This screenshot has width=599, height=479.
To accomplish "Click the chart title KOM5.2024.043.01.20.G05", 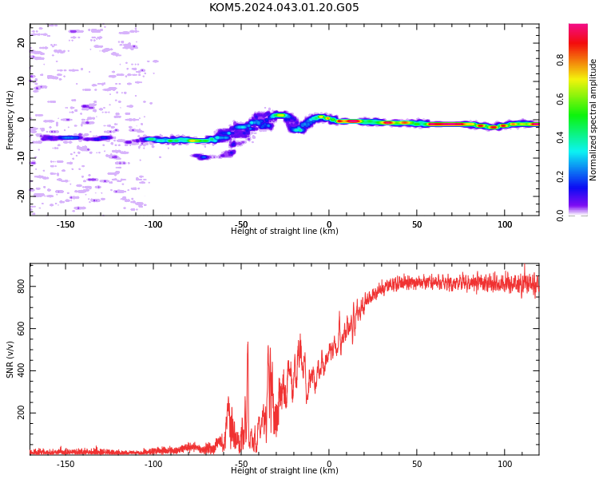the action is click(284, 7).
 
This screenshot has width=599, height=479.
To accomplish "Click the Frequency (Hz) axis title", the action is click(10, 120).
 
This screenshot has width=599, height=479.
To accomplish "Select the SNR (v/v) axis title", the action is click(10, 359).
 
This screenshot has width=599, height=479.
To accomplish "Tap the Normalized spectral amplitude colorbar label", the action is click(593, 120).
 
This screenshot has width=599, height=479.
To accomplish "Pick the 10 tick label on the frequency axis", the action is click(21, 81).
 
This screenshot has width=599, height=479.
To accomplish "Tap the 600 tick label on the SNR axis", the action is click(21, 328).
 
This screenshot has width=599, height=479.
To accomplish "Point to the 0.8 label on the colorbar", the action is click(560, 60).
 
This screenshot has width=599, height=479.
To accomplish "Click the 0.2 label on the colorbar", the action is click(560, 176).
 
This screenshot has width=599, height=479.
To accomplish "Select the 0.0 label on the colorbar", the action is click(560, 216).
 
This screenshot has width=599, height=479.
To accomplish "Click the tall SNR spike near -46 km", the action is click(248, 382).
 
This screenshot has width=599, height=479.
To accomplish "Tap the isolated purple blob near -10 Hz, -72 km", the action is click(203, 156).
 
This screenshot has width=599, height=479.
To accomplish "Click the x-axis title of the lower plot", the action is click(284, 470).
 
